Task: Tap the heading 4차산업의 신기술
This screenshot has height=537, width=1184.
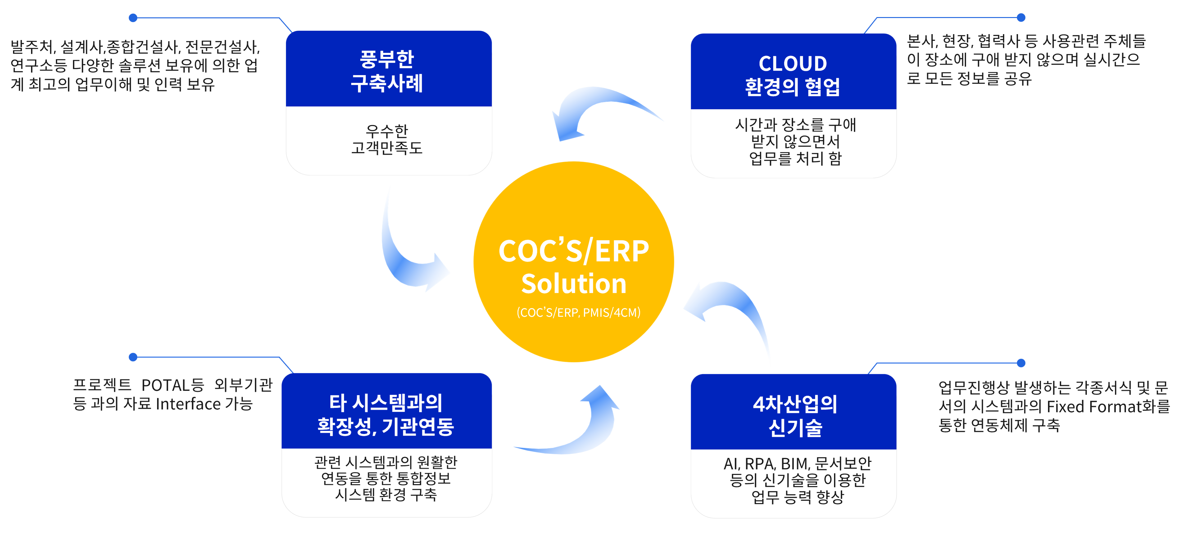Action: click(795, 416)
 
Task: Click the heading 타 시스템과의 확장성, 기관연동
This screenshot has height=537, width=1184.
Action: click(386, 415)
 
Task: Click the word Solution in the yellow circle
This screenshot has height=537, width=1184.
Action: click(574, 284)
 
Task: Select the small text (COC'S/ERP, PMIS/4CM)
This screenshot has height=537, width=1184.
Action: click(578, 313)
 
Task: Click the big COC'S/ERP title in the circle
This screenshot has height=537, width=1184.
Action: click(574, 252)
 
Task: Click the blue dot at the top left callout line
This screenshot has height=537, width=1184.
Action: click(133, 18)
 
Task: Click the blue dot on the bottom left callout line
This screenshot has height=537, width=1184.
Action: click(133, 357)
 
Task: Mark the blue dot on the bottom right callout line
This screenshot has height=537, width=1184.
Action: click(1021, 363)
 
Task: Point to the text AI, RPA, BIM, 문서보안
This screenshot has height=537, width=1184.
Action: click(798, 463)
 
